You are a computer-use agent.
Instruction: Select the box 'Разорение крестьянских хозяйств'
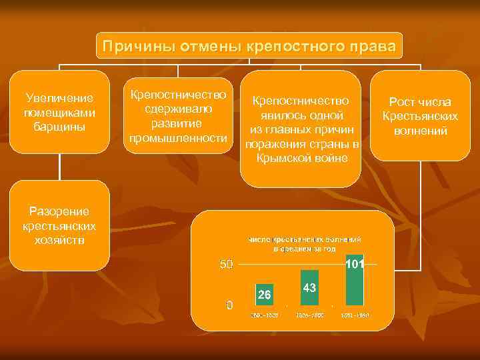coord(59,225)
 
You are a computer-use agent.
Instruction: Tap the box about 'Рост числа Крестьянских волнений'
coord(420,115)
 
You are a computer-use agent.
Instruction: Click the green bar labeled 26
coord(264,294)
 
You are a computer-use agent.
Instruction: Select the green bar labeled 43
coord(309,287)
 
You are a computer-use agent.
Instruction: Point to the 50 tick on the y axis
coord(227,265)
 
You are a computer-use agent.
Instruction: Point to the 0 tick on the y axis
coord(229,305)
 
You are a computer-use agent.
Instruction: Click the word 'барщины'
coord(59,126)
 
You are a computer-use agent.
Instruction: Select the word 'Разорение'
coord(59,211)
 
